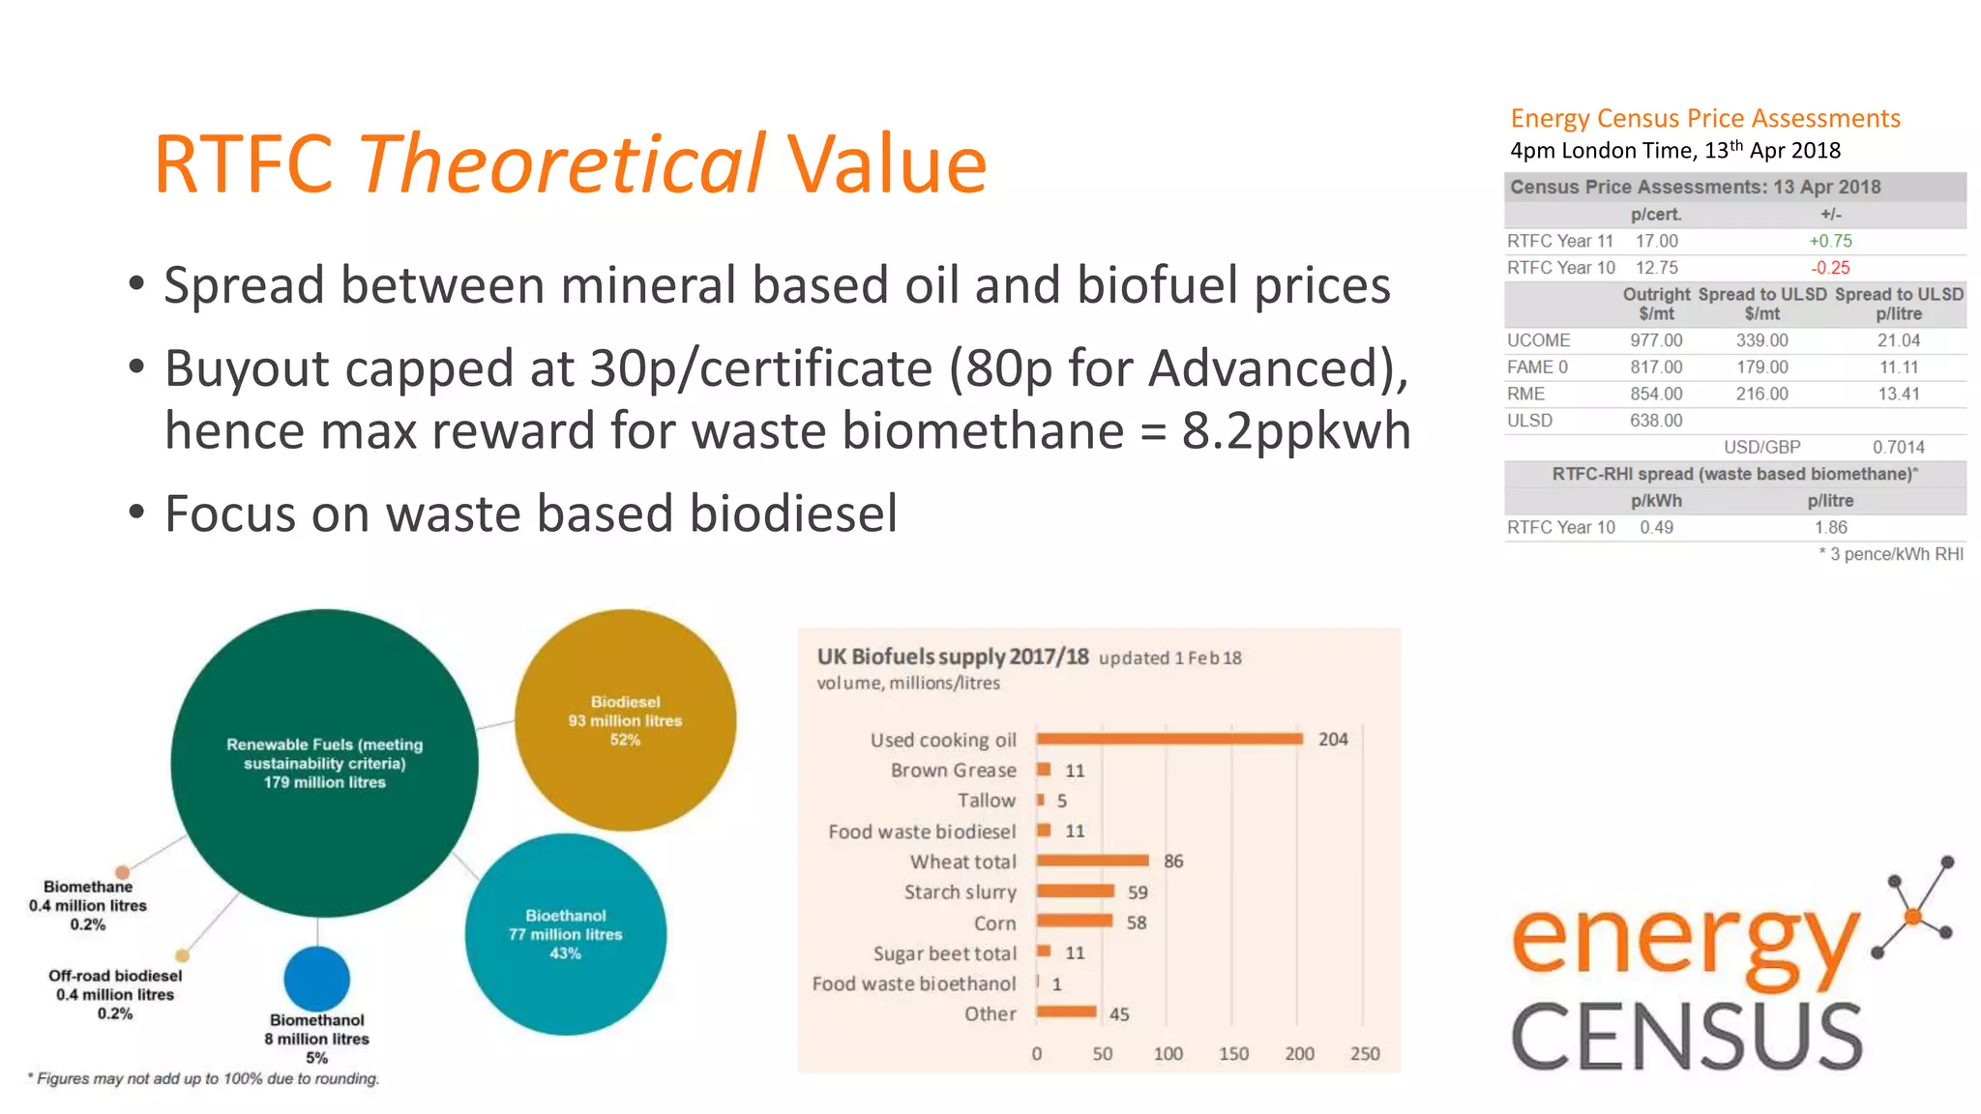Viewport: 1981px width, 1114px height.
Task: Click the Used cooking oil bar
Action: point(1168,739)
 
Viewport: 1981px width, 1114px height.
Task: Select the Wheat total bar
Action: point(1092,861)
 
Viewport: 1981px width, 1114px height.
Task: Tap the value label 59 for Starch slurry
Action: point(1138,893)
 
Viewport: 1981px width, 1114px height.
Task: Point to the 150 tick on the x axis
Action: point(1233,1054)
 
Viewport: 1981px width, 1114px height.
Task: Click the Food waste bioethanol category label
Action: point(914,983)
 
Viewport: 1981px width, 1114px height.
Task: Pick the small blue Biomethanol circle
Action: point(317,979)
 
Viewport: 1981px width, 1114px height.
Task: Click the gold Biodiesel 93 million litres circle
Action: point(625,720)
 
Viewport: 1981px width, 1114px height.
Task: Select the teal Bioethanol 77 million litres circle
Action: point(566,934)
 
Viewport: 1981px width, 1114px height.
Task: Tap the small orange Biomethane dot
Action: point(123,872)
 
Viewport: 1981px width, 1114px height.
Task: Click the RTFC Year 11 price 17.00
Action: point(1656,241)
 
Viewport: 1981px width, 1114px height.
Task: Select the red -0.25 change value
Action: point(1830,268)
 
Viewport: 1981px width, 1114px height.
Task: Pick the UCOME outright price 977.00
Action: point(1656,340)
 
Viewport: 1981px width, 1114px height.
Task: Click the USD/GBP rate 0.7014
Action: point(1898,447)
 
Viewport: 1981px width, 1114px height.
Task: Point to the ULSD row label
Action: point(1529,421)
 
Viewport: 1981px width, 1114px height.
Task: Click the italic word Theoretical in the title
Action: point(562,164)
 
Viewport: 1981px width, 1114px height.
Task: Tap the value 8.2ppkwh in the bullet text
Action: point(1296,430)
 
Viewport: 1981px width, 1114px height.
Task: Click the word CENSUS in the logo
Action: point(1686,1038)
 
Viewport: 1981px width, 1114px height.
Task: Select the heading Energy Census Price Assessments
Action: point(1704,118)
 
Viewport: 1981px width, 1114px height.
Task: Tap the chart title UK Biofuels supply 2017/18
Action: point(953,657)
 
